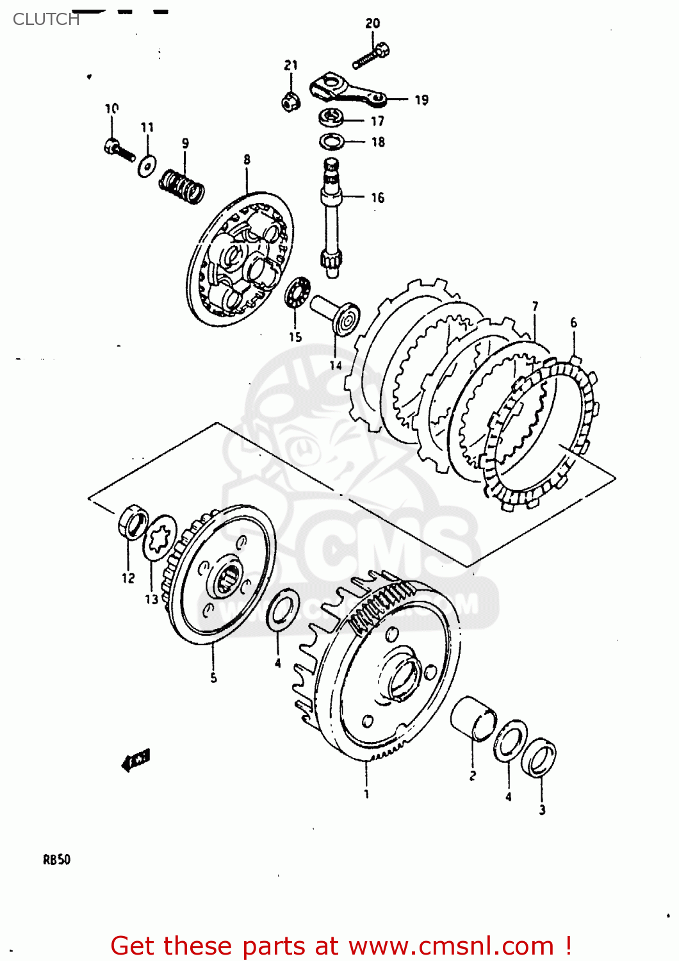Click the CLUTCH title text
click(x=46, y=19)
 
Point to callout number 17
click(x=377, y=120)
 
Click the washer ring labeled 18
click(x=332, y=142)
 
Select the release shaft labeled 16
click(x=331, y=218)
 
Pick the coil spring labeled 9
click(x=181, y=185)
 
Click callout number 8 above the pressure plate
click(x=247, y=160)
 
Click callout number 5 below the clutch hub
click(x=213, y=677)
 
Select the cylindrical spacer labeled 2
click(x=473, y=718)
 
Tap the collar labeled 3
click(x=539, y=757)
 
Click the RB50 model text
click(x=56, y=859)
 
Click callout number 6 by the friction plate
click(x=573, y=323)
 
